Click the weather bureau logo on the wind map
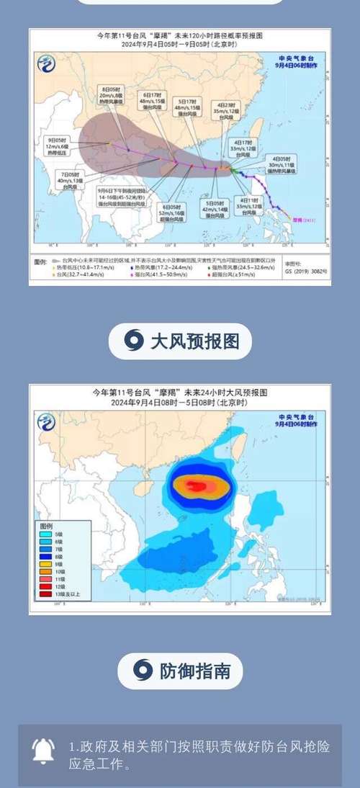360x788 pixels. tap(46, 422)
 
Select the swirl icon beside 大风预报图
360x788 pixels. tap(133, 340)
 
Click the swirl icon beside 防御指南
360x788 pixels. tap(143, 671)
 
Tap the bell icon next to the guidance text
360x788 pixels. tap(44, 751)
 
